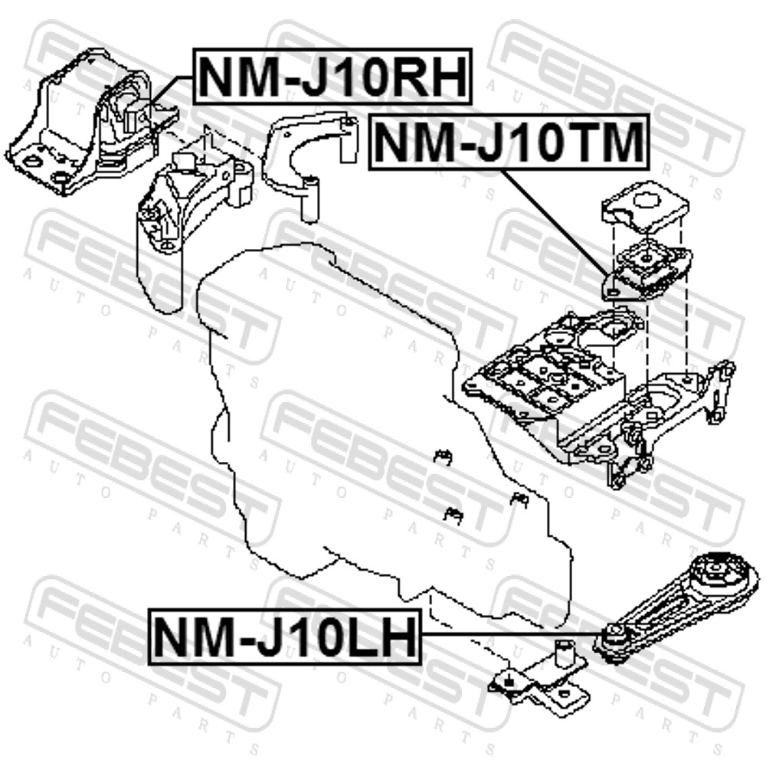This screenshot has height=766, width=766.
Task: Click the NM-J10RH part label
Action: (x=332, y=76)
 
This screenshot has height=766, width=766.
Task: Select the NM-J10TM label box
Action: (x=509, y=142)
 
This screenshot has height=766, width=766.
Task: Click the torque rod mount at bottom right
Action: (x=676, y=608)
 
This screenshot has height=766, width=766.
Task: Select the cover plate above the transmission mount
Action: (x=645, y=206)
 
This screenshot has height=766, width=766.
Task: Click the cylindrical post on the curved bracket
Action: (x=309, y=199)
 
